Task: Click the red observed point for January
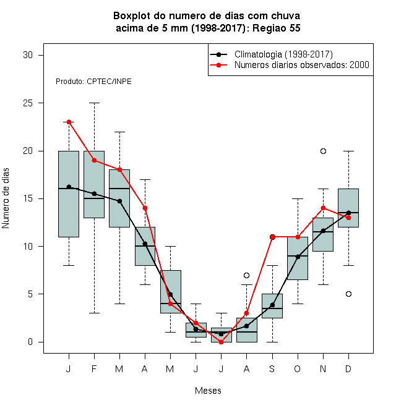click(x=69, y=122)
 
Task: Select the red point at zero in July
click(x=221, y=342)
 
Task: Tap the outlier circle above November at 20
click(x=323, y=151)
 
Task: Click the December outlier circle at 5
click(x=348, y=294)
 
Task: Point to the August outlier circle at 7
click(x=246, y=275)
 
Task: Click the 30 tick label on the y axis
click(x=28, y=55)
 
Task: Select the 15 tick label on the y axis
click(x=28, y=198)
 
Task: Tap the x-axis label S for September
click(x=272, y=368)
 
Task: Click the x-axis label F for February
click(x=94, y=368)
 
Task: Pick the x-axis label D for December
click(x=348, y=368)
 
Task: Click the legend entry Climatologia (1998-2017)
click(x=283, y=54)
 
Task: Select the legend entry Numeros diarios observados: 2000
click(x=302, y=65)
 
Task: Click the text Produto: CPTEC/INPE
click(x=93, y=82)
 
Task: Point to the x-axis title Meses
click(x=208, y=391)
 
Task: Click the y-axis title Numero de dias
click(x=6, y=198)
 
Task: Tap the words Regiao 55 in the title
click(x=277, y=28)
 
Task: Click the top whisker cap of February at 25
click(x=94, y=103)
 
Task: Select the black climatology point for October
click(x=298, y=257)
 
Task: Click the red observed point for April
click(x=145, y=208)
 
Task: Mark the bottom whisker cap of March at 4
click(x=119, y=304)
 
